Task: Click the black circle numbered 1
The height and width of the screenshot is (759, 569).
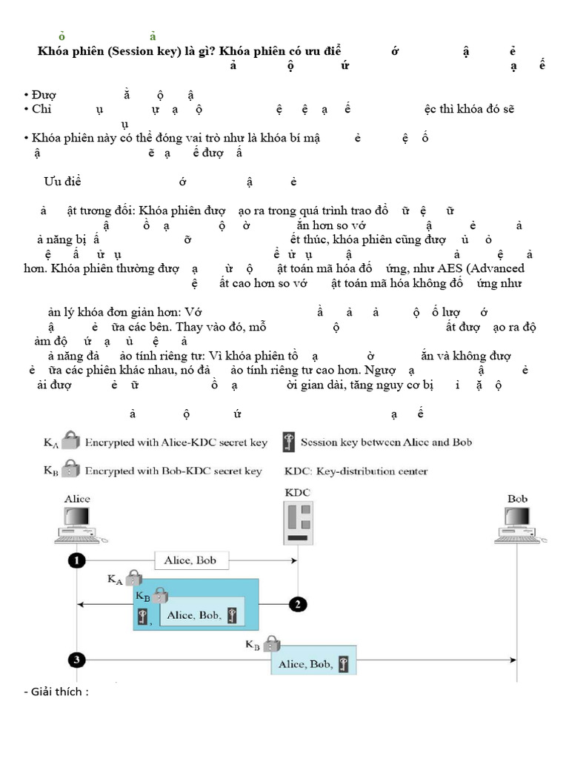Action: pos(76,560)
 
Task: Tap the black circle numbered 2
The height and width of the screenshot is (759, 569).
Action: pos(297,604)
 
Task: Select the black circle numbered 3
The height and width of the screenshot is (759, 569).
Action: pos(76,658)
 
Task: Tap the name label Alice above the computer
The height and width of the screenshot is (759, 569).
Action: pos(77,499)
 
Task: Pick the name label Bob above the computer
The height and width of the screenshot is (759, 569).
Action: pos(517,499)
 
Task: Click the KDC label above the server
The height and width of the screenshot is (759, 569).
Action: pos(298,491)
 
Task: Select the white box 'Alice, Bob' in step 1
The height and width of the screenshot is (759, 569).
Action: pos(191,560)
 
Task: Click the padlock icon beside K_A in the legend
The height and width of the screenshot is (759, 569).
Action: pos(70,443)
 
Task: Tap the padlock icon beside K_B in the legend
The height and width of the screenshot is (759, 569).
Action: pos(70,470)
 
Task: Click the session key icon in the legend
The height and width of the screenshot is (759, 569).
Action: pos(287,443)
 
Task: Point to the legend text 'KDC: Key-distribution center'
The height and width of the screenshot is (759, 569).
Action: pos(356,471)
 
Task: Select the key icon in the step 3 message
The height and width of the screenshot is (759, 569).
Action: pos(344,664)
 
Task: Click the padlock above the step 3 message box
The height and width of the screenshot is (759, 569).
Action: pos(272,641)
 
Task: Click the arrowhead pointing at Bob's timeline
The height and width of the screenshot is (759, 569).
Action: pos(513,658)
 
